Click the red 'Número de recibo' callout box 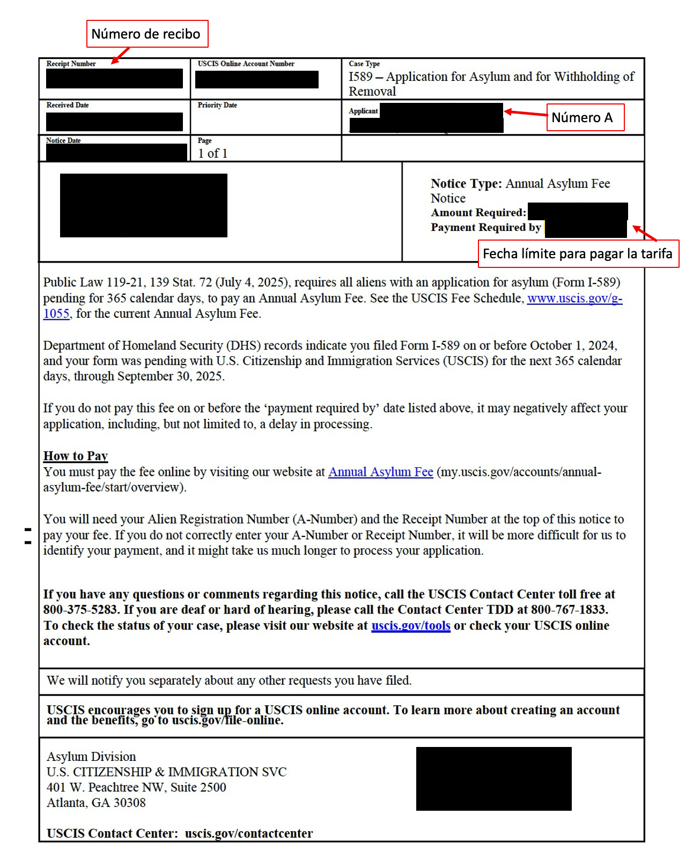[147, 34]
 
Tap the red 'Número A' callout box [585, 117]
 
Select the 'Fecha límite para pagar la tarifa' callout [578, 253]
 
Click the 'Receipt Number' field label [71, 64]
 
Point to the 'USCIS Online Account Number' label [246, 64]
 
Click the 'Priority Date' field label [217, 105]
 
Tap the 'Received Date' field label [68, 105]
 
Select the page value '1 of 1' [213, 153]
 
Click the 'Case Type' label [364, 64]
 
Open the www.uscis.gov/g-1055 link [574, 298]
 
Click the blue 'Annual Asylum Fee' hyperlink [380, 472]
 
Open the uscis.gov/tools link [410, 626]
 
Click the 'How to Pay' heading [76, 456]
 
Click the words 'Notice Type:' [466, 184]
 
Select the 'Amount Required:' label [478, 213]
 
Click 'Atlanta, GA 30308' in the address [96, 803]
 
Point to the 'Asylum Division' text [91, 757]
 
